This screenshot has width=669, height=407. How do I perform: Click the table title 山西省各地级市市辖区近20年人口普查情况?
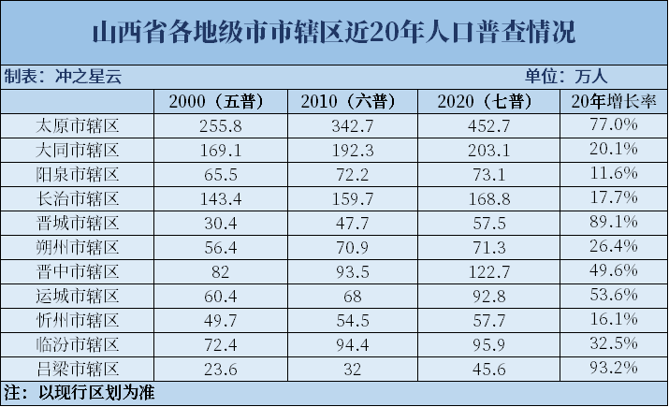[x=333, y=34]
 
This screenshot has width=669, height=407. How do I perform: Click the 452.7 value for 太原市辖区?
[x=484, y=125]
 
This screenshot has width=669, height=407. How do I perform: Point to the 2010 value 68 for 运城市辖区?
[x=351, y=296]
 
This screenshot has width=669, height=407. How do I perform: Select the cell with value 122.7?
[x=484, y=271]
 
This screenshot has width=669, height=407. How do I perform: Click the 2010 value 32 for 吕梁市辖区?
[x=351, y=369]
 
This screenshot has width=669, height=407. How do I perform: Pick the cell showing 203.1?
[x=484, y=150]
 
